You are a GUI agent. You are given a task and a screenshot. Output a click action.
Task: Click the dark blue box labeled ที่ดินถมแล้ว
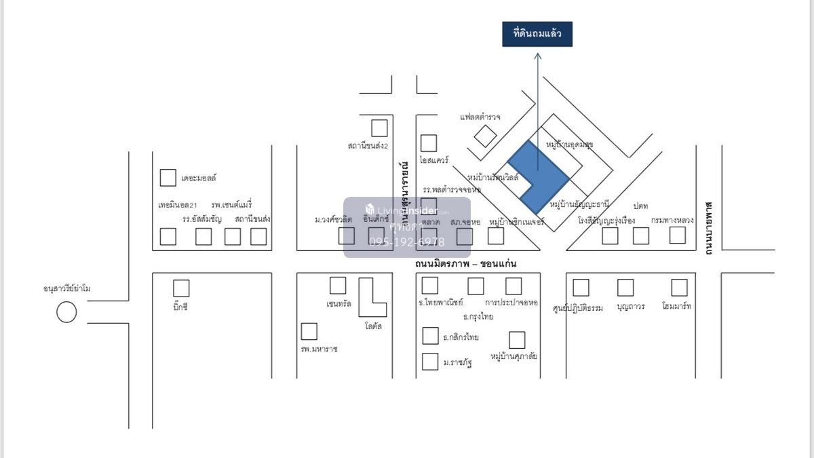[537, 34]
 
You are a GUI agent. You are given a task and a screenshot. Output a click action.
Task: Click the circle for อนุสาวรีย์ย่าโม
[66, 312]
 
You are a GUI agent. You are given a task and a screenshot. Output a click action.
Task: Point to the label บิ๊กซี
[180, 307]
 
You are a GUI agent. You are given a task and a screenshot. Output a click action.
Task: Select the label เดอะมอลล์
[199, 178]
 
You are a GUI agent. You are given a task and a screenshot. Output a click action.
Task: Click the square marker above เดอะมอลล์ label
[168, 178]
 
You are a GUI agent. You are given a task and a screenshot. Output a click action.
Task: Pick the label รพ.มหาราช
[319, 349]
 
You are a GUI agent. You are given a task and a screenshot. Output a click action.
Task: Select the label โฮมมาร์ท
[677, 307]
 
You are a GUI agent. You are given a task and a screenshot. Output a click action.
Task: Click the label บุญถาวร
[631, 307]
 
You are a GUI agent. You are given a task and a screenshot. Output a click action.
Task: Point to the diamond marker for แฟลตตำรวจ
[486, 136]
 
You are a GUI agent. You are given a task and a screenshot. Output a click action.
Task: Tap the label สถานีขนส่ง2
[367, 145]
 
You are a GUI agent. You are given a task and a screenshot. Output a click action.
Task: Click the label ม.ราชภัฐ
[457, 362]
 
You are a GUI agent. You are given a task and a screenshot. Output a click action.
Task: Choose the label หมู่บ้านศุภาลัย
[513, 356]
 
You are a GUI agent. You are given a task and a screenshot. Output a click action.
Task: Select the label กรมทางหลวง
[672, 221]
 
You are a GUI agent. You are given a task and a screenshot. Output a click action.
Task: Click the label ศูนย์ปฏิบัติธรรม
[578, 307]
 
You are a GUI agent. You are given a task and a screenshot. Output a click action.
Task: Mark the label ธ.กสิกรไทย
[461, 337]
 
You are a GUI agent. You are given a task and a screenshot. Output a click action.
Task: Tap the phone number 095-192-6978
[407, 242]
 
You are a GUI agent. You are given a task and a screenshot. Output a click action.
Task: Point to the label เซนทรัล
[338, 304]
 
